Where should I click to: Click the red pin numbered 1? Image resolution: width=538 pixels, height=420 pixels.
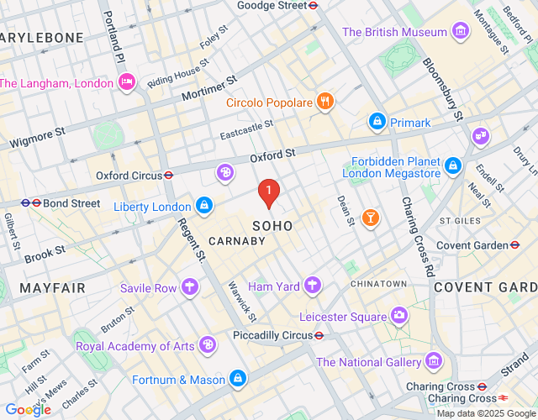point(268,193)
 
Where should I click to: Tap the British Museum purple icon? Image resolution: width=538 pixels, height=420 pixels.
point(460,33)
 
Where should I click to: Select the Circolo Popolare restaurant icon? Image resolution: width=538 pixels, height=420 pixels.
point(325,103)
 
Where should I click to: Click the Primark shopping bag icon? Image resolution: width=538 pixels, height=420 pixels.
point(377,123)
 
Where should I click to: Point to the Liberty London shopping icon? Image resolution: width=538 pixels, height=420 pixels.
point(204,206)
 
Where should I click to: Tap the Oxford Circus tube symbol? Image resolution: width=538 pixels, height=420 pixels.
point(169,176)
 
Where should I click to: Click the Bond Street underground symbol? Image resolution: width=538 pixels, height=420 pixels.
point(26,203)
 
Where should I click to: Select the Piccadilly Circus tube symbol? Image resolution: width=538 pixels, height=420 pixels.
point(319,334)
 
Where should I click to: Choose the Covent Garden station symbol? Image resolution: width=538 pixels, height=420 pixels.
point(514,245)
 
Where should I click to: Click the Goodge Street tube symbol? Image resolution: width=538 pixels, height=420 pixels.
point(313,5)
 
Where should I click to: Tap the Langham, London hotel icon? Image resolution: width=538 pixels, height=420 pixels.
point(127,83)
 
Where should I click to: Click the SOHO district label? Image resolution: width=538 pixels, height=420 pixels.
point(273,226)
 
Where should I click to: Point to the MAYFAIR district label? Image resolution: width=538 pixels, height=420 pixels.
point(52,288)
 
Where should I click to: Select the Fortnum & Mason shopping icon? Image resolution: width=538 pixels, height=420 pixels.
point(239,380)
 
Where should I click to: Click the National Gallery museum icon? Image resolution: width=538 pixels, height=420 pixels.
point(434,362)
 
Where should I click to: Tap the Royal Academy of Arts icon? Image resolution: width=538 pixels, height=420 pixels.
point(207,346)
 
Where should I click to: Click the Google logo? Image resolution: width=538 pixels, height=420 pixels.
point(28,409)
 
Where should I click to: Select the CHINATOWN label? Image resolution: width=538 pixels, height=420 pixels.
point(379,284)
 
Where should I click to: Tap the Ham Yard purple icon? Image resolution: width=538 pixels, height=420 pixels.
point(313,286)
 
